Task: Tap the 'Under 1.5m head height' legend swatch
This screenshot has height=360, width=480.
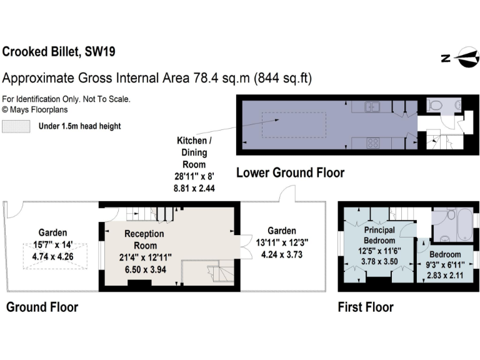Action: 16,126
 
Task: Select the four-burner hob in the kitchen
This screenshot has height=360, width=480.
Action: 374,143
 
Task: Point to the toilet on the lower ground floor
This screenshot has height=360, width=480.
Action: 435,105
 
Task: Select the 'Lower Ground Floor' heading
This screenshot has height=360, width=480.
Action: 290,172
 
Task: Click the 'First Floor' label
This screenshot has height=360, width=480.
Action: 366,307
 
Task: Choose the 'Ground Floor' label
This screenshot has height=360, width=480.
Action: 42,307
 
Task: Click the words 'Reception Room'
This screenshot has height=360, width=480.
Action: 144,239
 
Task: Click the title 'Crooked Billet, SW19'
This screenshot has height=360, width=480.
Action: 59,51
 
